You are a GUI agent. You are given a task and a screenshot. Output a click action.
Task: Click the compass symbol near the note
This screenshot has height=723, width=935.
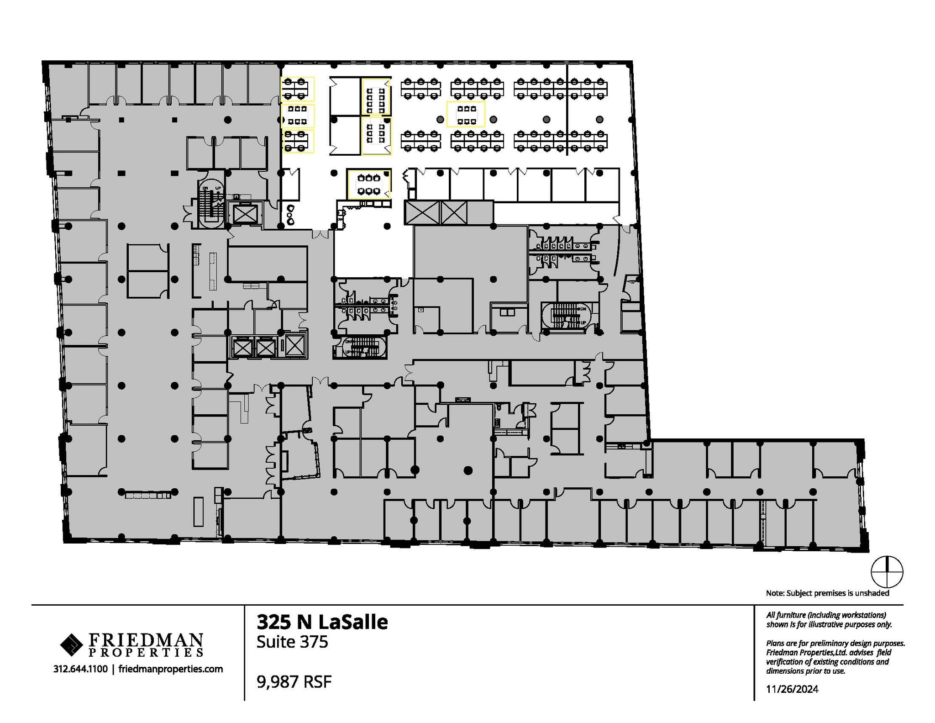(887, 572)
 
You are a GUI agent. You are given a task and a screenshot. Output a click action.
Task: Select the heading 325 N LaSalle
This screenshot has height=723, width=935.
(322, 622)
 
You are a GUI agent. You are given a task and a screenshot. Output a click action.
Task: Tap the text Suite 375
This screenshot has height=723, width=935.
(292, 642)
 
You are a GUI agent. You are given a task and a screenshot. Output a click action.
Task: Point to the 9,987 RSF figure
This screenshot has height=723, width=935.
(294, 682)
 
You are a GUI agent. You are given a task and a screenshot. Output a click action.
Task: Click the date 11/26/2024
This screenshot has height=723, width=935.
(792, 689)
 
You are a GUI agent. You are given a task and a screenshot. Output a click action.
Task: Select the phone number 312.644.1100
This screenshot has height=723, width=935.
(80, 669)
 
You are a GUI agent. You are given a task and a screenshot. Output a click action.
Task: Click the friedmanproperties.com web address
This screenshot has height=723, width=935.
(170, 669)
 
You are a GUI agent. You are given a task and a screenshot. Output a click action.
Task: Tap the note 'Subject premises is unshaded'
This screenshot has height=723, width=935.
(827, 593)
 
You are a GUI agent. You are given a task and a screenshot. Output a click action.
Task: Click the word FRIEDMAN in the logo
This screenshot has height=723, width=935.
(145, 639)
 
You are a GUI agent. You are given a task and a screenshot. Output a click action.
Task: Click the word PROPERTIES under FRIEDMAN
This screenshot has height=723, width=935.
(145, 652)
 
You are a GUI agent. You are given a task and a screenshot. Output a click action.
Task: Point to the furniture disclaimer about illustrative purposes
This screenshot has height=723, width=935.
(828, 620)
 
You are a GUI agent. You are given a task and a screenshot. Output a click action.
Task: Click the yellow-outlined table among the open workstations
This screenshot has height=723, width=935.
(466, 115)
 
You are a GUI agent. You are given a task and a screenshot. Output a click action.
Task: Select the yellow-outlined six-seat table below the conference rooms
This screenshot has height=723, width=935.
(369, 184)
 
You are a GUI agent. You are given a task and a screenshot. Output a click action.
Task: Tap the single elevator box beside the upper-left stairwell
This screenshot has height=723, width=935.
(245, 213)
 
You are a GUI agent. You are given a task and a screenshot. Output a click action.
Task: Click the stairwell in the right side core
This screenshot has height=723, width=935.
(566, 316)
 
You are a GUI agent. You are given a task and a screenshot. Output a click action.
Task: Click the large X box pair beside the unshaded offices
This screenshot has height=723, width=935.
(436, 212)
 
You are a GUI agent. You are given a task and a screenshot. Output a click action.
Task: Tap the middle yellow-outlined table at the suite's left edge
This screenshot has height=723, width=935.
(298, 116)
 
